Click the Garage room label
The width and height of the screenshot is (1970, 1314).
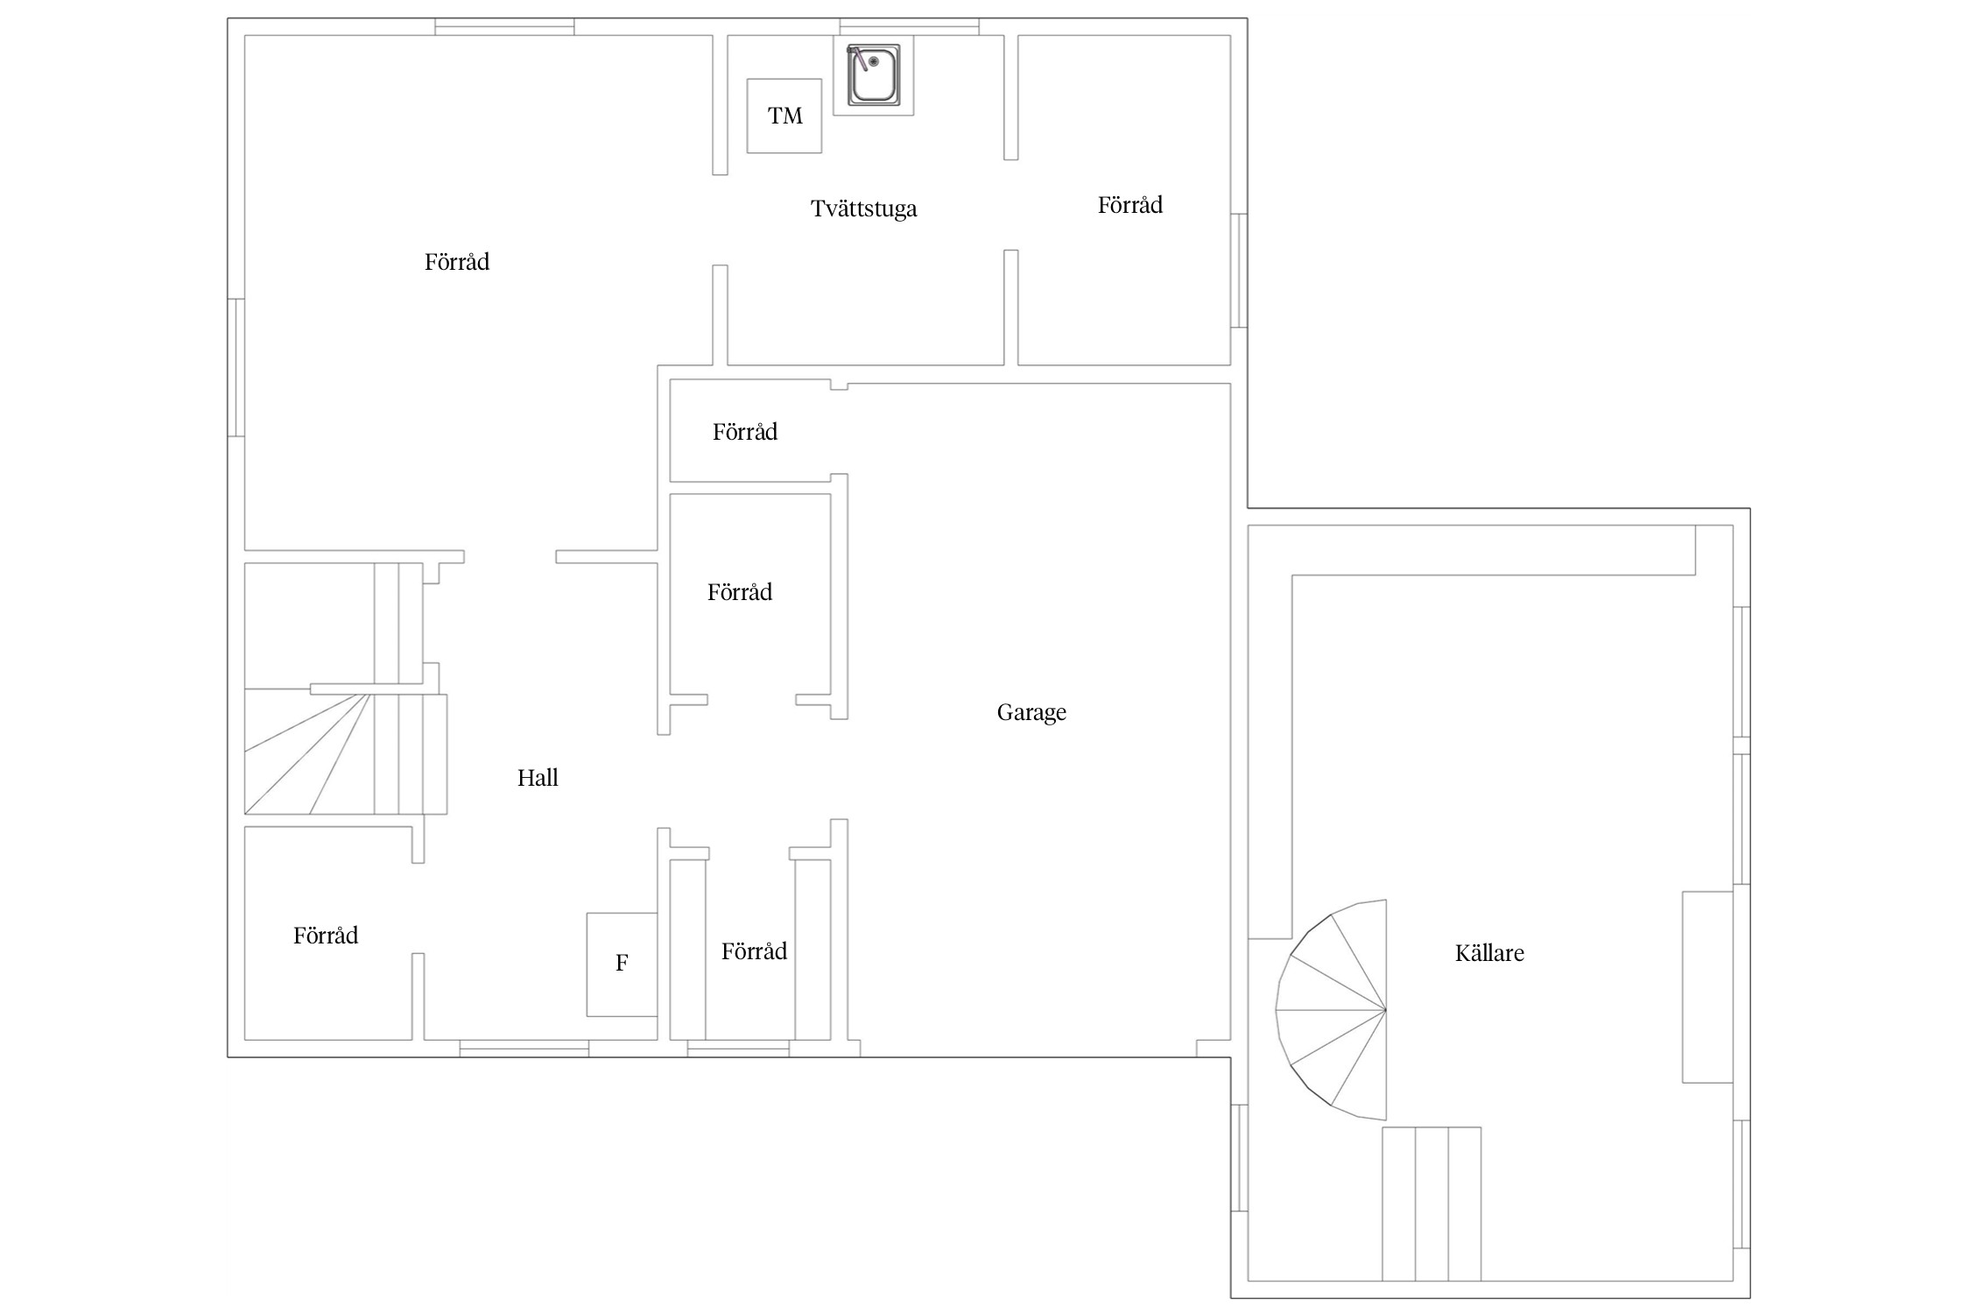[1031, 713]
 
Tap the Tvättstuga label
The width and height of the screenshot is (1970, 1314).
[863, 208]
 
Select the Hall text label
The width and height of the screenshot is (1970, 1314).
[538, 777]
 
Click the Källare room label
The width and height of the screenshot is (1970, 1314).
[1489, 953]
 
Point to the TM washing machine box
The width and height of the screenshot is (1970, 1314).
[784, 116]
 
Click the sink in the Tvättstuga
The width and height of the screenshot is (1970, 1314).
[873, 74]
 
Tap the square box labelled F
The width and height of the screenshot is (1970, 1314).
[622, 964]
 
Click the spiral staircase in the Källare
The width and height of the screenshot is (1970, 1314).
[1331, 1009]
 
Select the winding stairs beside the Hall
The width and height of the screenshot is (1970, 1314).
[346, 753]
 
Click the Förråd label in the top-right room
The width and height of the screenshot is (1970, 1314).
[1130, 205]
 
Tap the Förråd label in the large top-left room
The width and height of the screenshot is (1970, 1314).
[457, 262]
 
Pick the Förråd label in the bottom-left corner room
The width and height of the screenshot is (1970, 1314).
[326, 936]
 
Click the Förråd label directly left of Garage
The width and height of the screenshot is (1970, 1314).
[740, 592]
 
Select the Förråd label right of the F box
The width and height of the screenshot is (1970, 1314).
[754, 951]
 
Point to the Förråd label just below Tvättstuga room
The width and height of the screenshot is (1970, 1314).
[745, 432]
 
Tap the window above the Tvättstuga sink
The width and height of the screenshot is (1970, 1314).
[909, 26]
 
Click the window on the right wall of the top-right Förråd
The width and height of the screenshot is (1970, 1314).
[1239, 271]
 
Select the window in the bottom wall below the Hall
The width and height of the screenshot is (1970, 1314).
[524, 1049]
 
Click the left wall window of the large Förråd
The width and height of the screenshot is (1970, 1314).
[236, 368]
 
